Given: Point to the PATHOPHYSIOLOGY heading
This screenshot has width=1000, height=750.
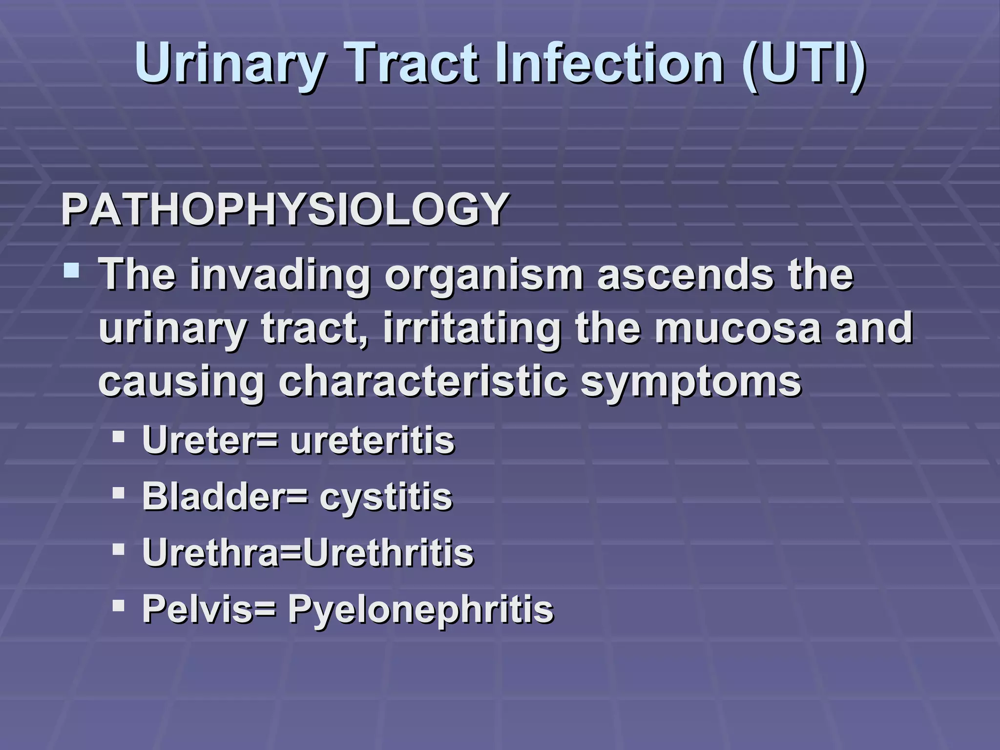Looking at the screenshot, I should [x=285, y=210].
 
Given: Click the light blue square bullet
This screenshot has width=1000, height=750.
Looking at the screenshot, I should [x=71, y=271].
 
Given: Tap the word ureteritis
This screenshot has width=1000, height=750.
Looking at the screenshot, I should [x=373, y=440].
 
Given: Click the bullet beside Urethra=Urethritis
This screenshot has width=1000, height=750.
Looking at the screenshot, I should [x=119, y=550].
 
